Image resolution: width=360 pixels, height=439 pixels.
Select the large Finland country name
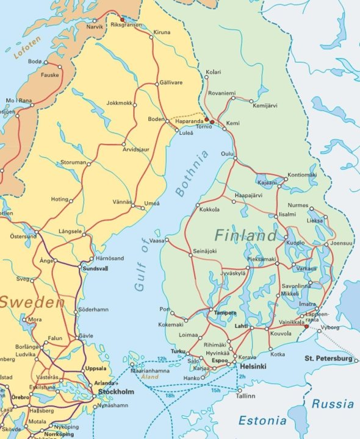(245, 235)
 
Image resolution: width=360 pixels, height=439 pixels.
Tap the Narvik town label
(95, 27)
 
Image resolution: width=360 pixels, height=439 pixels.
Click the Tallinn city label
(247, 396)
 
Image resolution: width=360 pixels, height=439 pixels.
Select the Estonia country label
(262, 421)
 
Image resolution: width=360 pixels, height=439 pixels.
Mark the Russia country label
(333, 404)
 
